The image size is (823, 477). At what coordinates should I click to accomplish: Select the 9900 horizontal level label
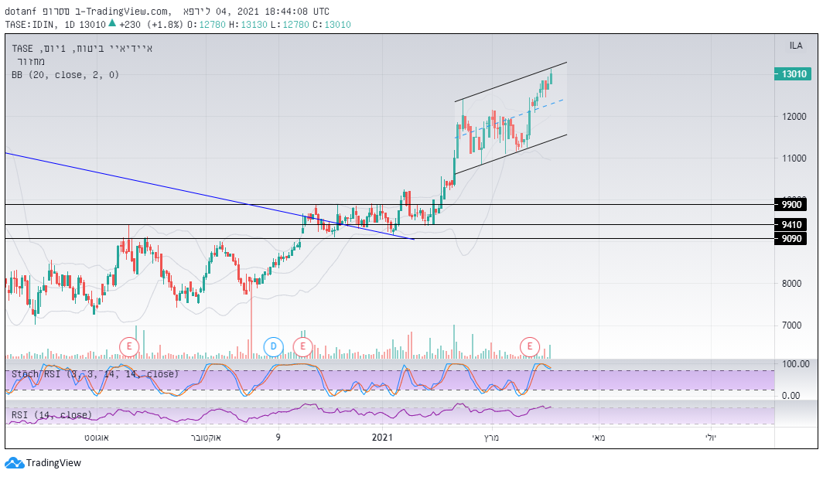[791, 205]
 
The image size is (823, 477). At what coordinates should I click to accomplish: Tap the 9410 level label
[791, 225]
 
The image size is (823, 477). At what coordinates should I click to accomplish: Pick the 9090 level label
[791, 239]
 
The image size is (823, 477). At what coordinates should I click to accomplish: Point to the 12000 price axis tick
[794, 117]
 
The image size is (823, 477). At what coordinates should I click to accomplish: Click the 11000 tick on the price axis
[794, 158]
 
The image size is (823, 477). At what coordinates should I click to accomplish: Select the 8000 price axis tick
[794, 284]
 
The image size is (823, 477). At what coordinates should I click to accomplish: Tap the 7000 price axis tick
[794, 325]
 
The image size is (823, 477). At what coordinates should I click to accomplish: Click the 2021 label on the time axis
[383, 438]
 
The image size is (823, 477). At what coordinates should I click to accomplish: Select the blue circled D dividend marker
[273, 346]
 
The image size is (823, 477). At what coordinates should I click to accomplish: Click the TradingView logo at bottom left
[43, 463]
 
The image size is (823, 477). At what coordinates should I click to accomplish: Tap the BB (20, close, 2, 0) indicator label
[65, 75]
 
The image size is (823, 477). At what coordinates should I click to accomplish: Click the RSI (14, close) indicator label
[51, 415]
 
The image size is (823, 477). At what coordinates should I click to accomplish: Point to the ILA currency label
[795, 46]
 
